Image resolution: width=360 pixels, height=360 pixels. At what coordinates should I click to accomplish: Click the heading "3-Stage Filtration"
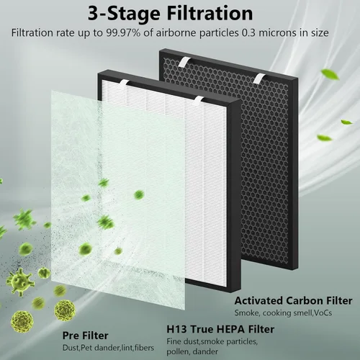click(x=170, y=14)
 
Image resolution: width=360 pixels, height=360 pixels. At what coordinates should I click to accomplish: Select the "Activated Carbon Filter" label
click(x=294, y=301)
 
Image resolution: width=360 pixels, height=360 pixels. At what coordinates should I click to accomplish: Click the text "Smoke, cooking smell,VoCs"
click(x=283, y=313)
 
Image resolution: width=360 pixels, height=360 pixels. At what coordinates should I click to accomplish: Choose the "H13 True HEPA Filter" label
click(x=220, y=329)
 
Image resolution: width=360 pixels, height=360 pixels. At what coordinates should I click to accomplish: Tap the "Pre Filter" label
click(x=85, y=336)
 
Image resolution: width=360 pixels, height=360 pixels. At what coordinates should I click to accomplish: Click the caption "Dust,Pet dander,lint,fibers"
click(x=108, y=348)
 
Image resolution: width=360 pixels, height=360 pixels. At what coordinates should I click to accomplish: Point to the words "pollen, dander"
click(x=192, y=351)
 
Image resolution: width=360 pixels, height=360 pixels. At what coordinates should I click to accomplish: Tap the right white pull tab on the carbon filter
click(x=260, y=78)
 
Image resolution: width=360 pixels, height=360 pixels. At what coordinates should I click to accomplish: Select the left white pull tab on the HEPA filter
click(x=125, y=84)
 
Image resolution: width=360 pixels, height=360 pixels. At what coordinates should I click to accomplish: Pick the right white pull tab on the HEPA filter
click(x=199, y=101)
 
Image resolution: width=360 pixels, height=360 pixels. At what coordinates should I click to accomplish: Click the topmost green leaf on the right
click(x=330, y=74)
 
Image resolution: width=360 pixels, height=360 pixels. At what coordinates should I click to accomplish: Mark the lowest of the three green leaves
click(x=324, y=138)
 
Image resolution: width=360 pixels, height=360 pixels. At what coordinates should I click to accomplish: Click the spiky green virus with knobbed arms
click(x=19, y=282)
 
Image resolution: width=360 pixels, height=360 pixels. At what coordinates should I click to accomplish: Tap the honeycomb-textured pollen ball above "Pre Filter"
click(x=65, y=310)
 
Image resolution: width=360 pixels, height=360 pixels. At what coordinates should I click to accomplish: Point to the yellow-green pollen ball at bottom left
click(x=22, y=322)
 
